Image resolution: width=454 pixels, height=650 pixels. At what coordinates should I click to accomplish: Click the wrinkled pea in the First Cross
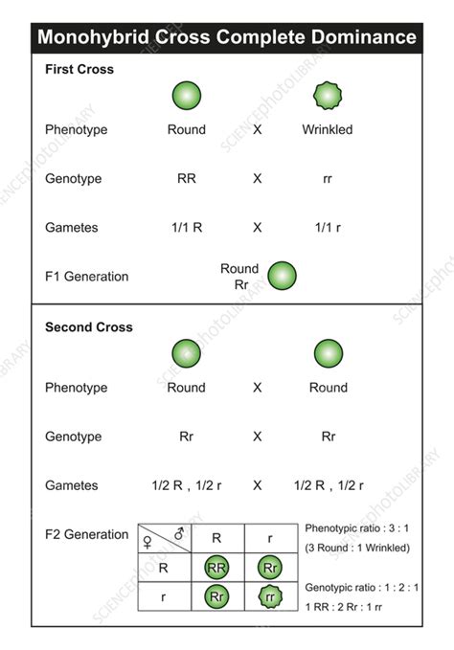(328, 96)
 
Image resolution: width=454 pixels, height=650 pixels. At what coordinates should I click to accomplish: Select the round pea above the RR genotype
(186, 96)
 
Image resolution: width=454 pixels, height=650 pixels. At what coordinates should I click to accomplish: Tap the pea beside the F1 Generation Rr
(282, 277)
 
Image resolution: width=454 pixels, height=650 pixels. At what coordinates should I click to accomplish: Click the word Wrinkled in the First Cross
(328, 129)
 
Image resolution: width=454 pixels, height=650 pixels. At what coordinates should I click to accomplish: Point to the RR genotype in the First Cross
(186, 179)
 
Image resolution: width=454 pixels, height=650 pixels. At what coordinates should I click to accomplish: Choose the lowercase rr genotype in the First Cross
(328, 179)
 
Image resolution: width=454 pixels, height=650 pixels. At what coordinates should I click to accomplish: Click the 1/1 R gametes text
(186, 228)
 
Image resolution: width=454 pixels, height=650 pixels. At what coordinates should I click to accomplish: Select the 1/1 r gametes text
(328, 228)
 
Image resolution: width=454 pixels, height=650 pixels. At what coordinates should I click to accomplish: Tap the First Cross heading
(79, 70)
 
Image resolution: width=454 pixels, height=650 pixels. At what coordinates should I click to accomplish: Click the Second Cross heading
(89, 327)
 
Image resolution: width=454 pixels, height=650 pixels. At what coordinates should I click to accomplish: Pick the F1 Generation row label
(86, 277)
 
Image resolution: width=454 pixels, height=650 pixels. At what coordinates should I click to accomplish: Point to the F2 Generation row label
(86, 534)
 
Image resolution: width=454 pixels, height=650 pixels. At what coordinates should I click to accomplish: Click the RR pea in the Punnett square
(216, 567)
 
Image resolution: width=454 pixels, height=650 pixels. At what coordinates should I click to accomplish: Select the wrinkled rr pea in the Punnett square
(272, 598)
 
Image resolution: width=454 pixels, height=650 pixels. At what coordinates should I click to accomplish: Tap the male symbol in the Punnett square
(178, 532)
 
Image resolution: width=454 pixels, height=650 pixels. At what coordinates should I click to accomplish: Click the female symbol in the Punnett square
(148, 542)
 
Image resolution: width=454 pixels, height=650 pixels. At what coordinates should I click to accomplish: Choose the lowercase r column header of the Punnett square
(272, 538)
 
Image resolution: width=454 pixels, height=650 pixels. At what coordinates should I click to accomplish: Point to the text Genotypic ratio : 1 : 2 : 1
(361, 587)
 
